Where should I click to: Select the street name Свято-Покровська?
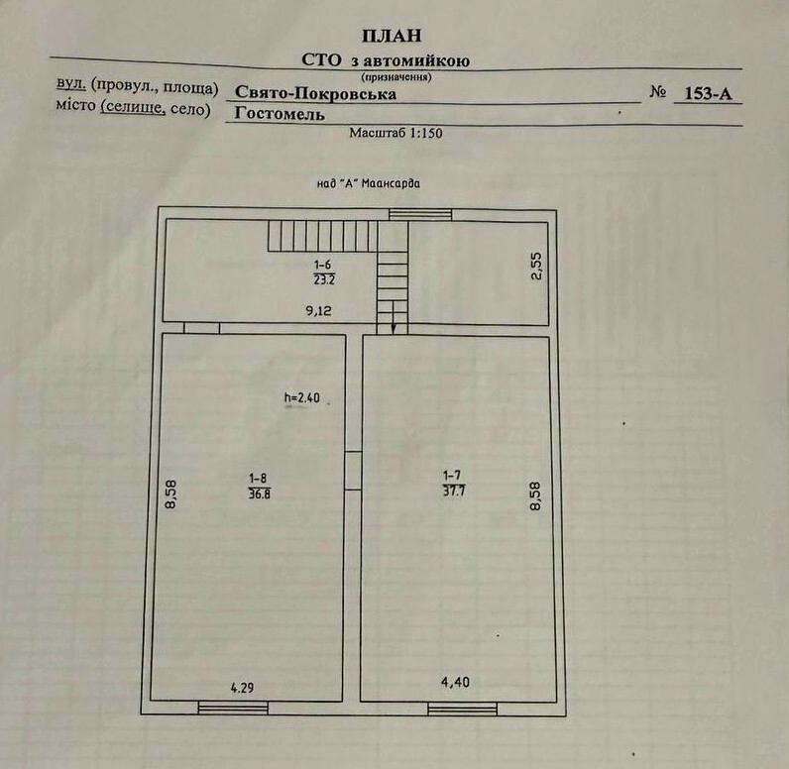[316, 94]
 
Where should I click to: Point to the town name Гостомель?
[273, 113]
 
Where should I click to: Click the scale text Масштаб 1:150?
[395, 132]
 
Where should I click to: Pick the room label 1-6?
[323, 266]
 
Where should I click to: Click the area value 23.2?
[323, 279]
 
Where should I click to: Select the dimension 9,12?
[318, 311]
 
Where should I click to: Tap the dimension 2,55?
[536, 267]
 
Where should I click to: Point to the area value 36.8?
[259, 493]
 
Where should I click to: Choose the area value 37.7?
[455, 487]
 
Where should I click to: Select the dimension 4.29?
[243, 686]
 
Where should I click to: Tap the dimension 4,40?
[455, 682]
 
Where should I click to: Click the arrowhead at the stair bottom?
[394, 328]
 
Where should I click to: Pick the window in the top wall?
[419, 214]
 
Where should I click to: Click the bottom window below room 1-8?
[225, 708]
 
